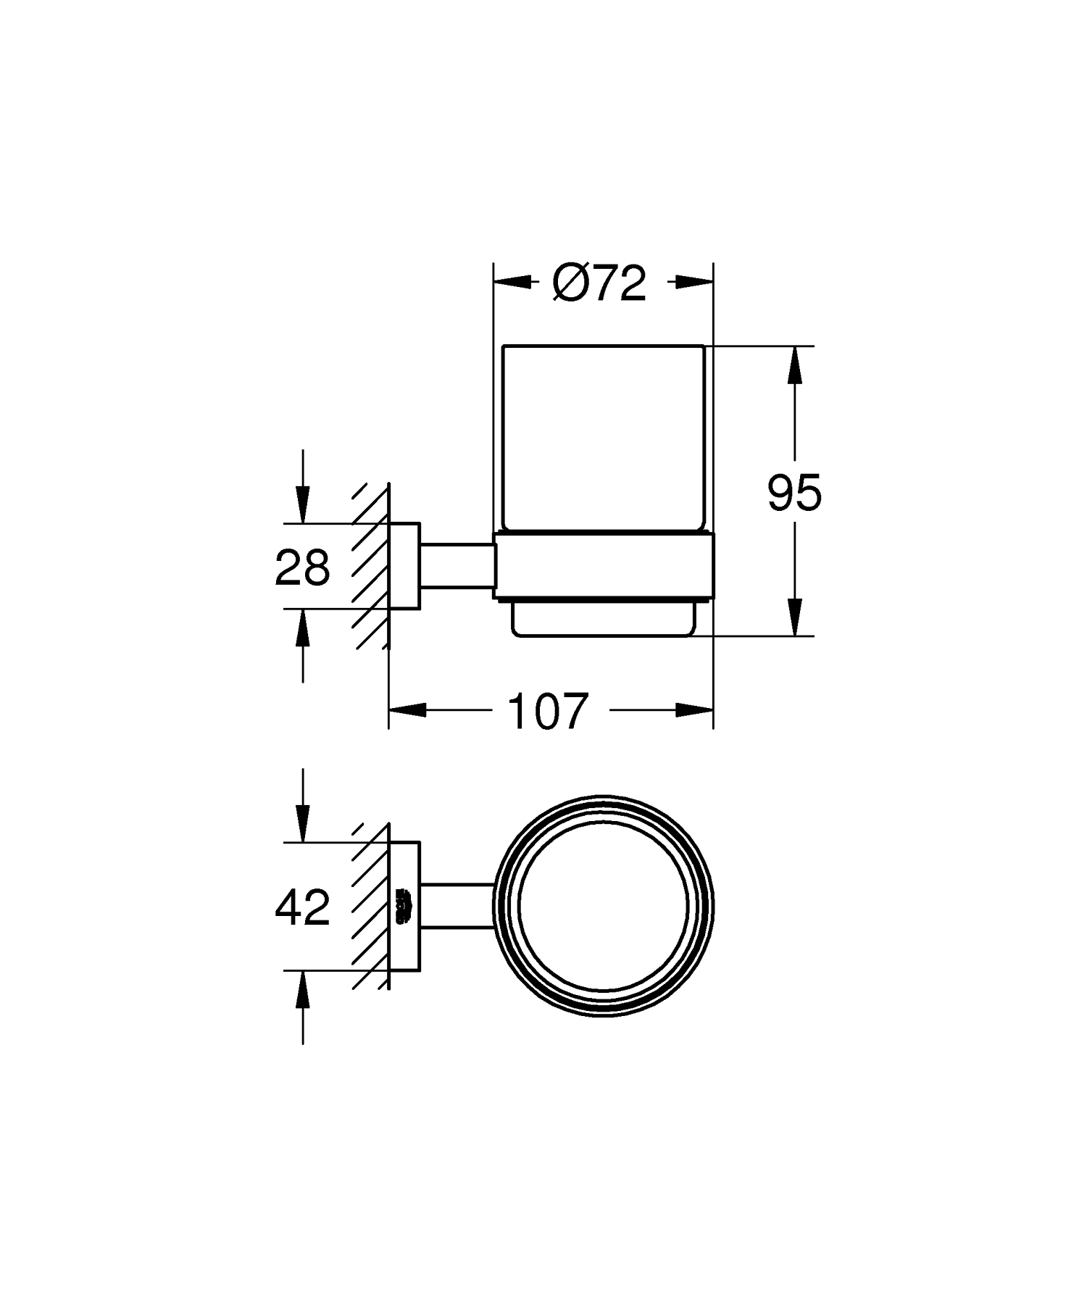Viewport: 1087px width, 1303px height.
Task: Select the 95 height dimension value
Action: [794, 493]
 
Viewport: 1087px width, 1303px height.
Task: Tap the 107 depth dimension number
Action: [547, 711]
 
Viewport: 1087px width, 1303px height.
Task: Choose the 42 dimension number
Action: [302, 907]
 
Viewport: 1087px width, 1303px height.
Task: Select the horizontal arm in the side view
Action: [457, 566]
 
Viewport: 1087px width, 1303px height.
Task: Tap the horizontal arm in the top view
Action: [457, 906]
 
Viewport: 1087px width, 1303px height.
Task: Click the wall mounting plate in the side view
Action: [404, 566]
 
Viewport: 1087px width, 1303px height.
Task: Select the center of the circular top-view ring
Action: [604, 905]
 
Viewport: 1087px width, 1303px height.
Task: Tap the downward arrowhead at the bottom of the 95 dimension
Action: [795, 619]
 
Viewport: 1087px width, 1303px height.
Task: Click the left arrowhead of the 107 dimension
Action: [406, 711]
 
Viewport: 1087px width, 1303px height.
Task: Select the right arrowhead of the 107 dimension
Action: [696, 711]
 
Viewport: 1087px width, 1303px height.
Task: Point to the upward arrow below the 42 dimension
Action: [302, 988]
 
